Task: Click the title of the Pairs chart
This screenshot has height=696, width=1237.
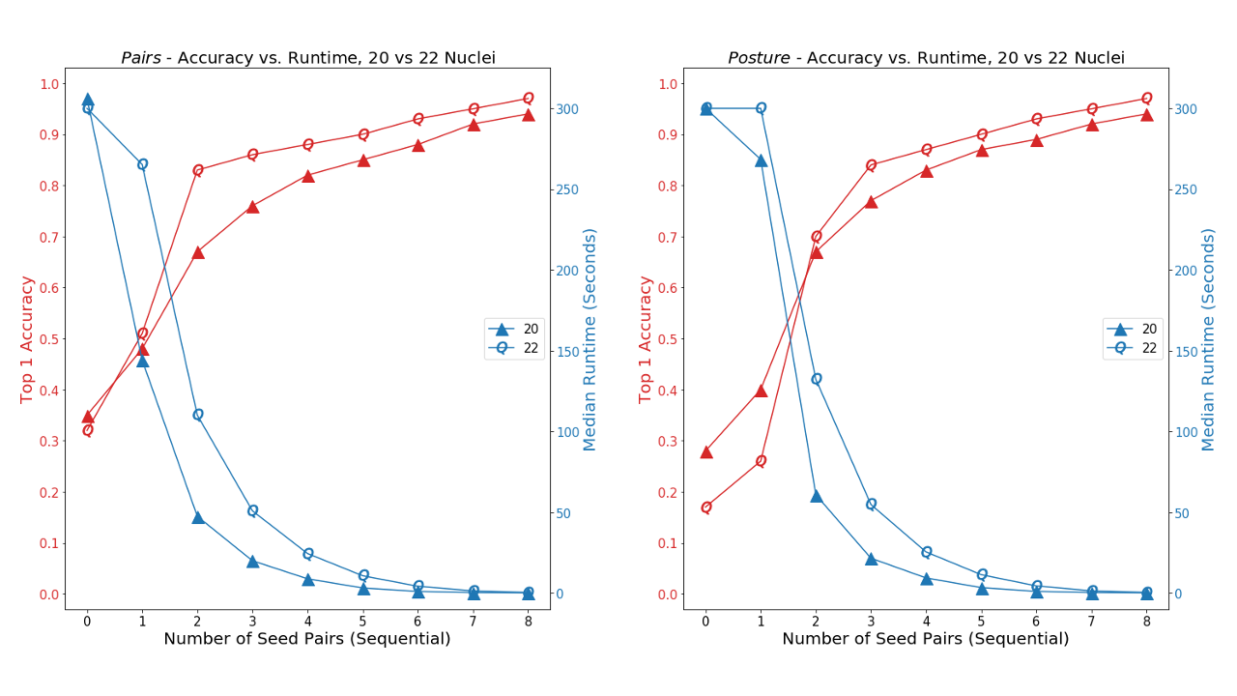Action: [307, 58]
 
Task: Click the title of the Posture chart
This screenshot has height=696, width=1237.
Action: [926, 58]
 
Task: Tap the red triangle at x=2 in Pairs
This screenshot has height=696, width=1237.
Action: [197, 252]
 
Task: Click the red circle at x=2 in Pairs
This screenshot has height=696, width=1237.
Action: [197, 170]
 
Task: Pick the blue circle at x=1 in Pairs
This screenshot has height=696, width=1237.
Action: [142, 164]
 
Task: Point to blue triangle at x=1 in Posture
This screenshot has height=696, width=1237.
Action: [761, 160]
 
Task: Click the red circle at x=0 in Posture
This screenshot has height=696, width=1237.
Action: [705, 507]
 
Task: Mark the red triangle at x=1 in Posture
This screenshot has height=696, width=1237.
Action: [761, 391]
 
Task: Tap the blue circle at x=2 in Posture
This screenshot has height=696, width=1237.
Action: [816, 379]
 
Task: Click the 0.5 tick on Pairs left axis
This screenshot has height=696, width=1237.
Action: [47, 339]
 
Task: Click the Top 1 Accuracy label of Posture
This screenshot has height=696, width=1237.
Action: [645, 339]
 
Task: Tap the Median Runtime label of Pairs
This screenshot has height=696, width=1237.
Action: [590, 339]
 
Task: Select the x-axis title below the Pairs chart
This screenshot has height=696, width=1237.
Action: [307, 639]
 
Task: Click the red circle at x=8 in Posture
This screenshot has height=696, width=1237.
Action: [1146, 99]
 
